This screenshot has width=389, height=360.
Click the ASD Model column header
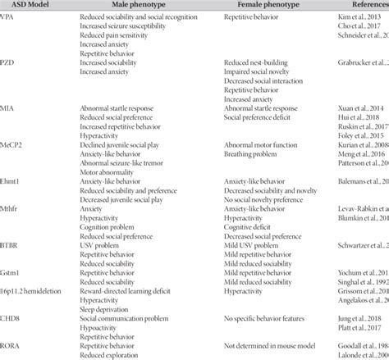(x=30, y=4)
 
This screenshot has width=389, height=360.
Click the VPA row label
(x=9, y=16)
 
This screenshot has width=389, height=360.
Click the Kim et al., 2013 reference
(x=361, y=16)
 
